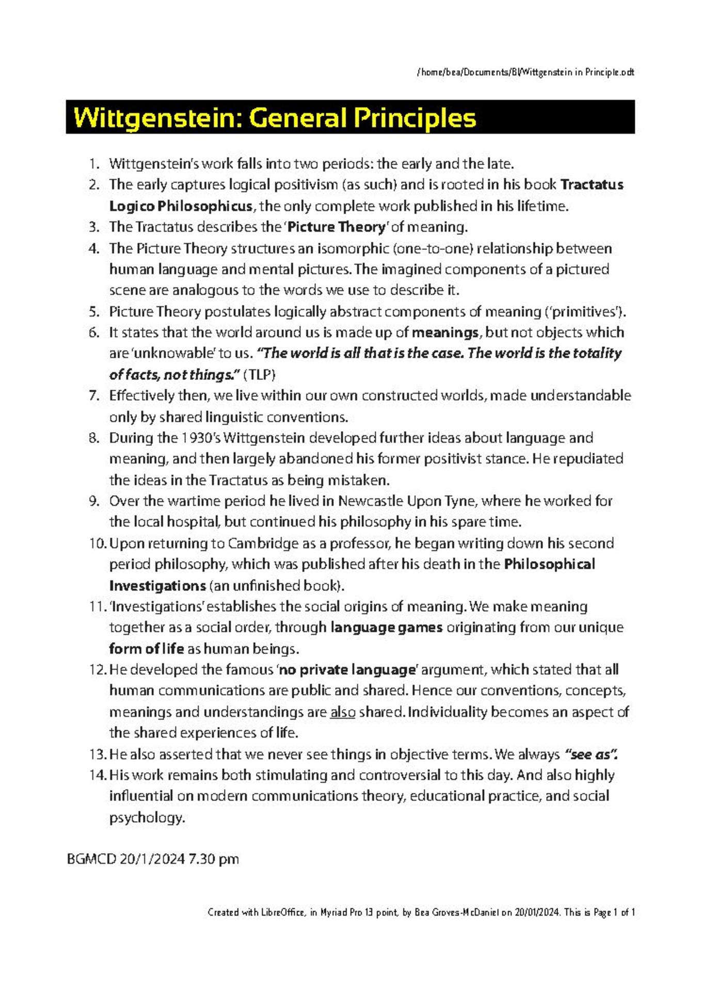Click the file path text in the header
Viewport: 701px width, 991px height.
pos(525,72)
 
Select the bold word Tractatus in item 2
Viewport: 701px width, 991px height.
pos(592,185)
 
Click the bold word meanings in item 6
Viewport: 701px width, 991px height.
pos(445,332)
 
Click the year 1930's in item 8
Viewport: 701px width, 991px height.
pos(201,438)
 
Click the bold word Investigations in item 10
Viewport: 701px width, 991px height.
pos(157,586)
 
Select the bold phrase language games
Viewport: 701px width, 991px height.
pos(386,628)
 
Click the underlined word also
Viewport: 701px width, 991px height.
pos(343,712)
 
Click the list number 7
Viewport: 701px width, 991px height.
pos(93,396)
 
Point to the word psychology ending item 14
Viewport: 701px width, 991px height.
pos(146,818)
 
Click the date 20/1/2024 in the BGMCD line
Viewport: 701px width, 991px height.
pos(152,859)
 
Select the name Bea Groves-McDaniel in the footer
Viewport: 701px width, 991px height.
pos(456,913)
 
